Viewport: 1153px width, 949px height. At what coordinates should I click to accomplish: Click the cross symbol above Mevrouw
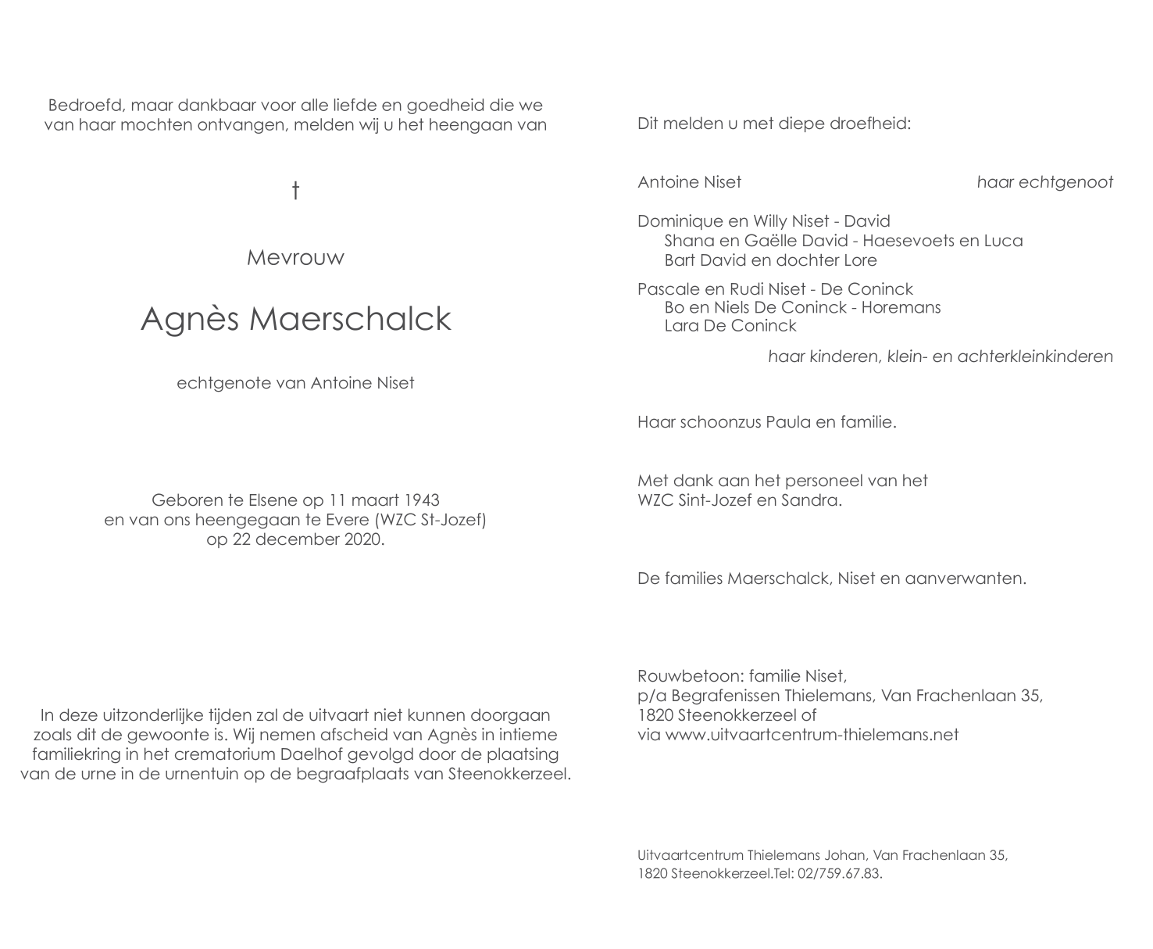coord(295,190)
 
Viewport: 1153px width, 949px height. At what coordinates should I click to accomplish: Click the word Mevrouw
coord(295,258)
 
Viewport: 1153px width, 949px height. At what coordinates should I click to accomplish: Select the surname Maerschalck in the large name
coord(350,319)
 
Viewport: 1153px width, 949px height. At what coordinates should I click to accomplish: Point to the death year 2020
coord(362,539)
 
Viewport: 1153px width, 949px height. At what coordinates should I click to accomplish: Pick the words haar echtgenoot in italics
coord(1044,182)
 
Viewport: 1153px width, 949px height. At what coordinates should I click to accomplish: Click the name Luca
coord(1003,241)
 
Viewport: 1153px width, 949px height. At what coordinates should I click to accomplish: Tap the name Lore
coord(860,260)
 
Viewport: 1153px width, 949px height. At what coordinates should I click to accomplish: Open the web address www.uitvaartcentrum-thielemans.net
coord(812,735)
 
